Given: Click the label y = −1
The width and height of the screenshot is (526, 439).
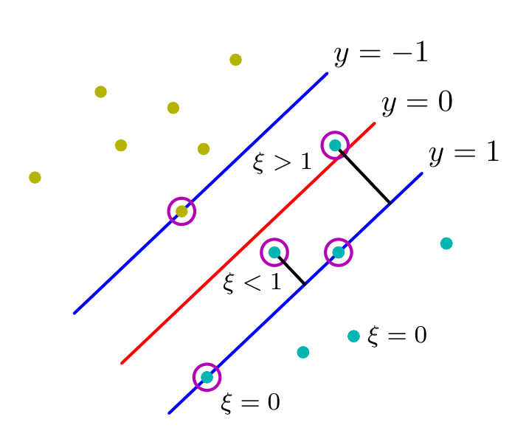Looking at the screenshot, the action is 381,53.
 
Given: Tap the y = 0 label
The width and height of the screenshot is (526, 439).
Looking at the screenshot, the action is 417,103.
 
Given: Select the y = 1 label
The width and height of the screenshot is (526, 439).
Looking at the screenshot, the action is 464,153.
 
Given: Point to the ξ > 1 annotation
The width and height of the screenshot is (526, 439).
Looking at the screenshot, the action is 282,162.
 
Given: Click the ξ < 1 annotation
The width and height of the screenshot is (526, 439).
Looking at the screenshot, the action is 252,283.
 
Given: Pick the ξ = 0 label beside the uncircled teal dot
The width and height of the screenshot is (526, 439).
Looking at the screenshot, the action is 397,335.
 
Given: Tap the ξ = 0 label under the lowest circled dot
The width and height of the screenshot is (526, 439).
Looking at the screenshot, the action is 250,402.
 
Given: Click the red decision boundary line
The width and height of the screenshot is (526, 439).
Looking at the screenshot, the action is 248,243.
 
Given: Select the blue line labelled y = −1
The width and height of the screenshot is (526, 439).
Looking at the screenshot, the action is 201,193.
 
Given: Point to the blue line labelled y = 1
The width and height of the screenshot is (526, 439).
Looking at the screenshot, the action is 296,293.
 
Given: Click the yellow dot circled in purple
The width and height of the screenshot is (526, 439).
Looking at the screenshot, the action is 181,212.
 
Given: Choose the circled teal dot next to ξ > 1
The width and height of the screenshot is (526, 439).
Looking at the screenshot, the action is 335,145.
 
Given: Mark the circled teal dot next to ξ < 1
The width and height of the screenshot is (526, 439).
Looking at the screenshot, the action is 274,252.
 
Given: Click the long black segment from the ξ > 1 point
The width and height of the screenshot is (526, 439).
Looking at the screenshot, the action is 364,176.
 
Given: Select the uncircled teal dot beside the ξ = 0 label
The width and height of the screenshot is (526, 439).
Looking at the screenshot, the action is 353,336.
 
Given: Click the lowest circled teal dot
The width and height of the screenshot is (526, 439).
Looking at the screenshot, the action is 207,377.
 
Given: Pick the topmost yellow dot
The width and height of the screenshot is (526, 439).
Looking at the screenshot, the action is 235,60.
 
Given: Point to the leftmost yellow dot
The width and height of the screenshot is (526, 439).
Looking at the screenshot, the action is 35,177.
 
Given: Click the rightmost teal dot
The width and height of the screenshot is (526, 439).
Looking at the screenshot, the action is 446,243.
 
